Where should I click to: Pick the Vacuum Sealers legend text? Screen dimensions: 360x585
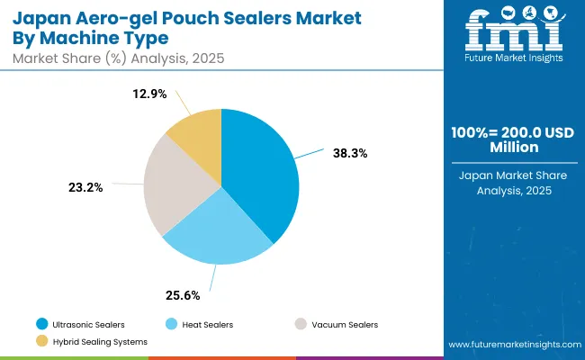(346, 324)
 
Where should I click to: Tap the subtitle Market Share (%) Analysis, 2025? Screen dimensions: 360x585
(116, 58)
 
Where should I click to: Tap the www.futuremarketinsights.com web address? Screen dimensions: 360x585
(510, 346)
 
